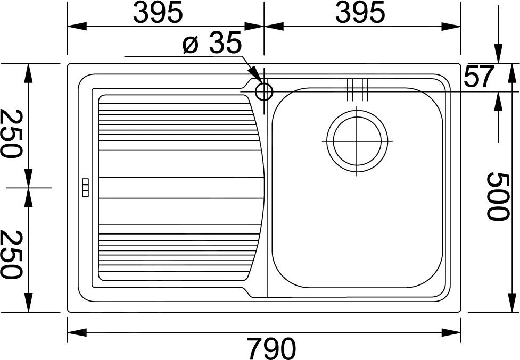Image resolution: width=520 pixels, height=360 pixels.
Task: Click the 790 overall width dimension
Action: point(271,348)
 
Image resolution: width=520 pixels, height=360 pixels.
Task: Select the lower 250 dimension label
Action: point(11,254)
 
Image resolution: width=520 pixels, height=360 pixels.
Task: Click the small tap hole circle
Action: point(264,92)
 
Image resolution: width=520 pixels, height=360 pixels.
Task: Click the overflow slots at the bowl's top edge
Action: point(357,90)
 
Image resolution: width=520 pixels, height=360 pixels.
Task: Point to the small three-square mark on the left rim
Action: point(85,187)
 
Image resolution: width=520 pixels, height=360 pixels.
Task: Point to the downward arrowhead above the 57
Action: point(498,55)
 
